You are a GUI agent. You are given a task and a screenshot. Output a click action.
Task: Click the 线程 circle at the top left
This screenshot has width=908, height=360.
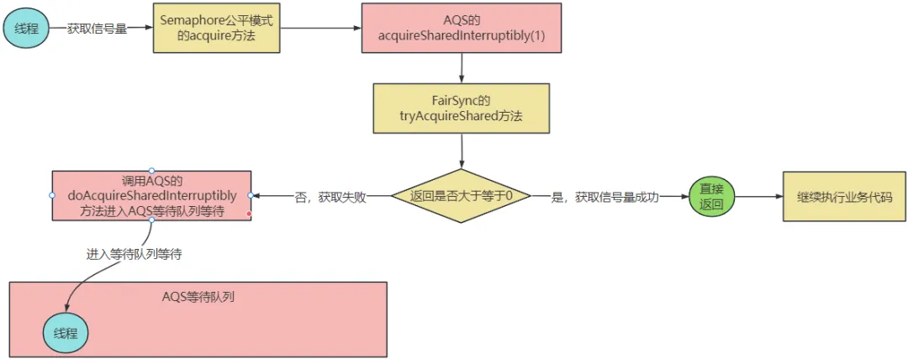click(27, 28)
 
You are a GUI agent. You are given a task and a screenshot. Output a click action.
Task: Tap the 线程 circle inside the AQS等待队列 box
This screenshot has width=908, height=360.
click(65, 333)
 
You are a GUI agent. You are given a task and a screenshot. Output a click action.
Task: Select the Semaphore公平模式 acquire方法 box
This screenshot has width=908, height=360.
click(216, 29)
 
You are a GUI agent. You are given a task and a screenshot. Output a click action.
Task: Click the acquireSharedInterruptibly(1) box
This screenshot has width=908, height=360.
click(462, 29)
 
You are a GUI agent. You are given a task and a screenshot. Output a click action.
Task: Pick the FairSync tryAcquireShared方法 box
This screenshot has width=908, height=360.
click(461, 108)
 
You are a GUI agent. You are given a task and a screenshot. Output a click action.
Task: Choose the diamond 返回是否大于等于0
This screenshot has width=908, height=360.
click(462, 196)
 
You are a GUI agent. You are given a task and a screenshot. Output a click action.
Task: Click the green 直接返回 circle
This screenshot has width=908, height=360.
click(707, 196)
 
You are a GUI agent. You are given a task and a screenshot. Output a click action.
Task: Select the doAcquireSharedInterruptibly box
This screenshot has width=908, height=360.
click(151, 196)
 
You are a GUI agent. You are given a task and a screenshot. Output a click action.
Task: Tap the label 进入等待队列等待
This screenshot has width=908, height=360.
click(135, 253)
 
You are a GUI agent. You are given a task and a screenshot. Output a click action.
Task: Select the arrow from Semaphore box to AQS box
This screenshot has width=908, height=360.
click(320, 29)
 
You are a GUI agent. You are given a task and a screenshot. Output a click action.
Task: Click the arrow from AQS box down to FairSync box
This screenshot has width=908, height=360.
click(462, 68)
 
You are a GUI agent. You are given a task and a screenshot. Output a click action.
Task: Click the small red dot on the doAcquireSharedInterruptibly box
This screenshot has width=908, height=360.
click(249, 215)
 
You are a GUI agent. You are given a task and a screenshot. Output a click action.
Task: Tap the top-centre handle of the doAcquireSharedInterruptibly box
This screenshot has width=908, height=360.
click(151, 171)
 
